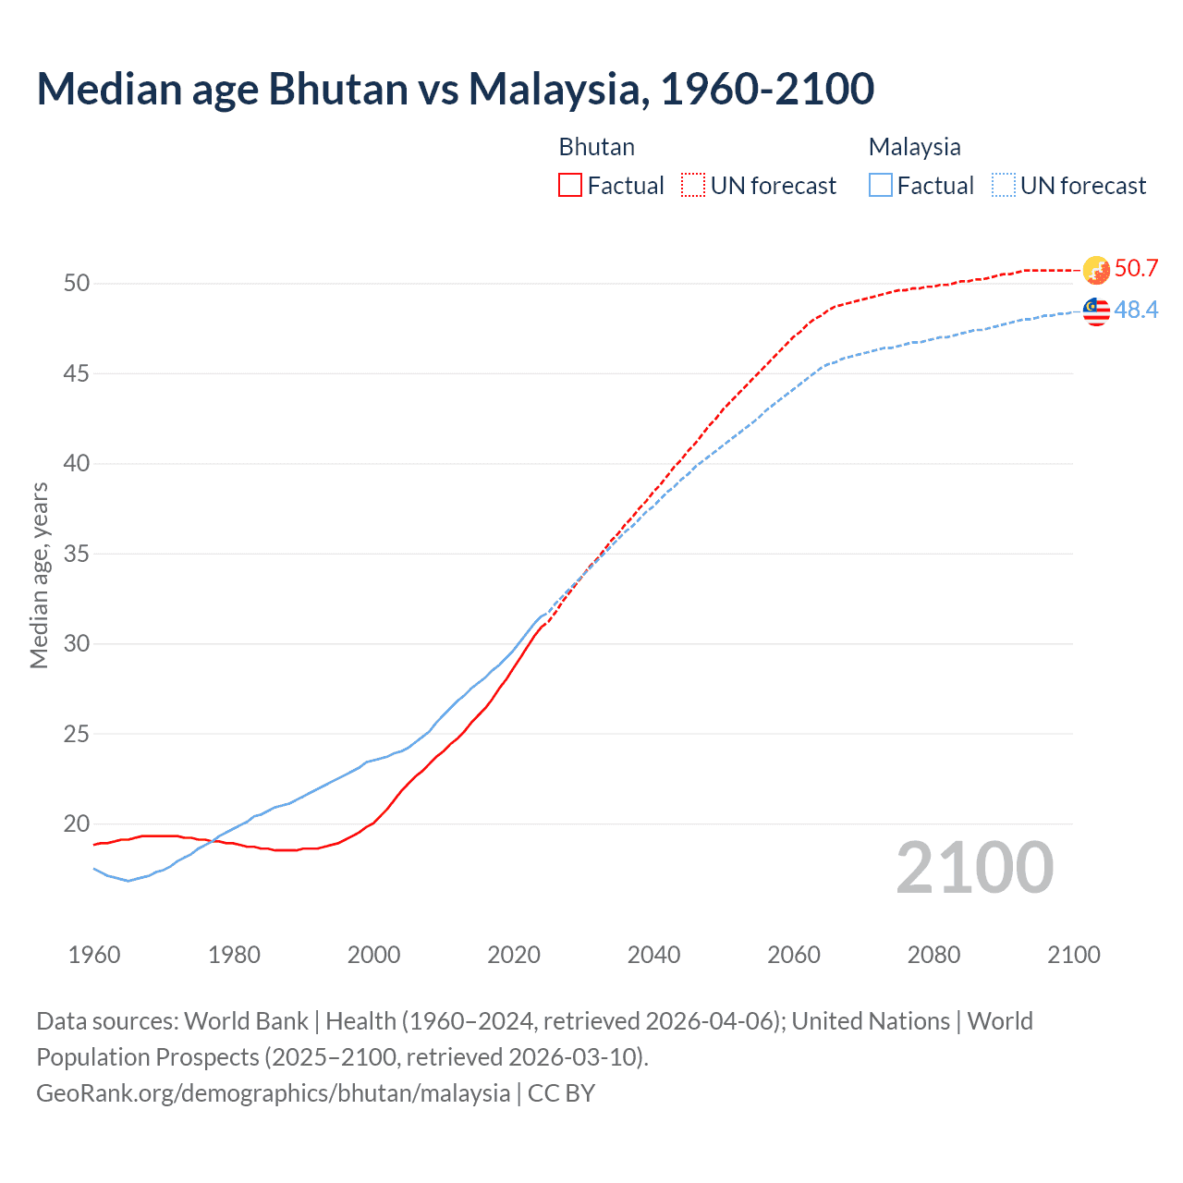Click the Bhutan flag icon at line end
1096,270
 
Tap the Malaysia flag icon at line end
1096,311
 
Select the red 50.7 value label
1136,268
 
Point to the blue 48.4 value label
1136,310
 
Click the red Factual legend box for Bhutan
570,186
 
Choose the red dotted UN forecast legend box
693,186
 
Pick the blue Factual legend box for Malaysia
881,186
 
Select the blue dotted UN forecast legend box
1004,186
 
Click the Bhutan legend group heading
597,147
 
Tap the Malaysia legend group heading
914,147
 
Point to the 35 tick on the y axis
77,554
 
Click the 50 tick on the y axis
77,283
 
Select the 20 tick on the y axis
77,823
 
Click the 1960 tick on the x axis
94,955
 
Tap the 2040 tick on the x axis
653,955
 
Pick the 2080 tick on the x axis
933,955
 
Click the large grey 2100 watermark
974,867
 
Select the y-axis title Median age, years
39,575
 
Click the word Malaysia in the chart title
554,89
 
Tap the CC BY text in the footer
561,1092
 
